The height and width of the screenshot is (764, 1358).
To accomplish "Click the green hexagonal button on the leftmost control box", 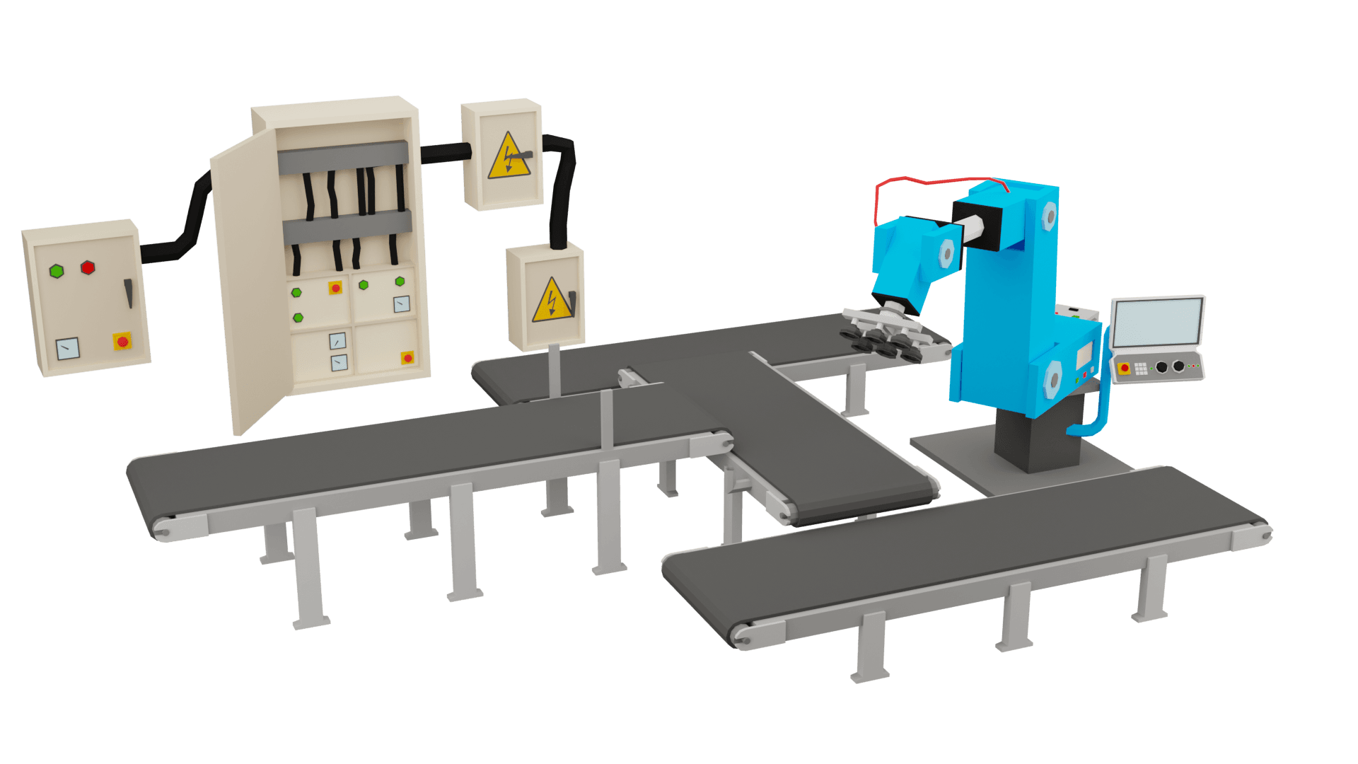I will point(57,271).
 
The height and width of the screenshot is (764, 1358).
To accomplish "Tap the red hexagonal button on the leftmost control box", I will point(88,267).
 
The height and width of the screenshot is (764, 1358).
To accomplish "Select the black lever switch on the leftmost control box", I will point(129,292).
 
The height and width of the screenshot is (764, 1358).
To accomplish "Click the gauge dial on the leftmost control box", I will point(68,348).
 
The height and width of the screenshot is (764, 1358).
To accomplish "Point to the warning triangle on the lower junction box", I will point(552,301).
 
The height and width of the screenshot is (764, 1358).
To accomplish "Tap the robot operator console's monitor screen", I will point(1156,322).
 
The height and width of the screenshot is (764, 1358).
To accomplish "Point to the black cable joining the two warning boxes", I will point(562,184).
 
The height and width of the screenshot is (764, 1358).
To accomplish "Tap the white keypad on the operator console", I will point(1141,368).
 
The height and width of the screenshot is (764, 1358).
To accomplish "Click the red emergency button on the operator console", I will point(1125,369).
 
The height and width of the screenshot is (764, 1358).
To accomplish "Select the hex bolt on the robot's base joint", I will point(1052,378).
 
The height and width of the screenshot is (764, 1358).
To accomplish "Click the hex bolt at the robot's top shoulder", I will point(1049,216).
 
